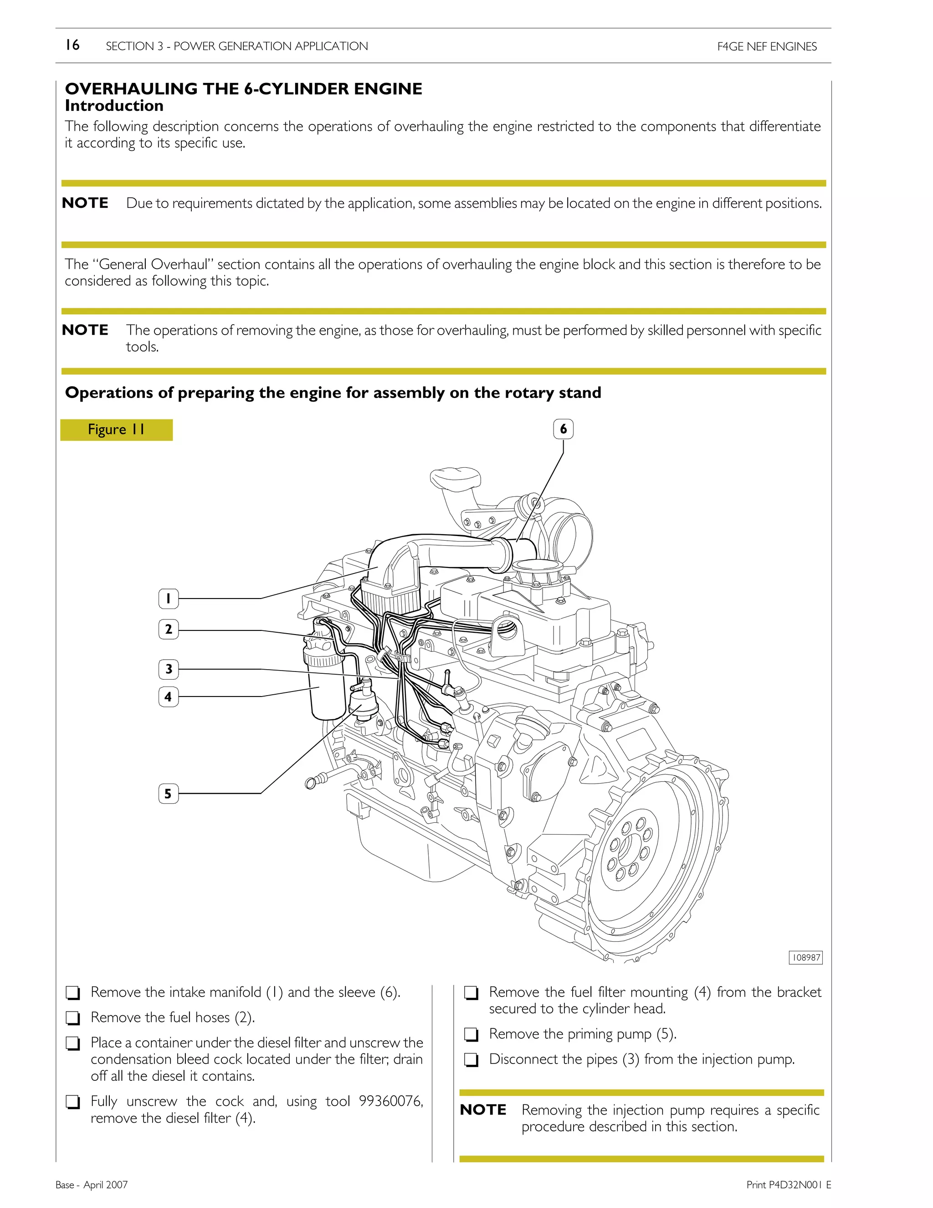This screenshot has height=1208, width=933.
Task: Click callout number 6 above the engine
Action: click(563, 429)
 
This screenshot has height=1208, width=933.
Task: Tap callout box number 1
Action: click(168, 599)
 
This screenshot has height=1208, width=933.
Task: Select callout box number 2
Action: click(168, 630)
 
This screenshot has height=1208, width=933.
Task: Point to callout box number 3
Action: click(168, 669)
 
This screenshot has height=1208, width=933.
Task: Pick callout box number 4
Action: click(168, 697)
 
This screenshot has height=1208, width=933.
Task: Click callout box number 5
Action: click(168, 794)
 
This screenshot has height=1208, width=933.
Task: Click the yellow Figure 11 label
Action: click(116, 430)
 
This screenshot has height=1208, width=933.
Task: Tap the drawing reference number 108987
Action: click(805, 957)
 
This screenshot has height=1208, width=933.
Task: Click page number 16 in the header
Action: click(72, 45)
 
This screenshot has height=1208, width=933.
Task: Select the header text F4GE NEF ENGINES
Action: click(767, 46)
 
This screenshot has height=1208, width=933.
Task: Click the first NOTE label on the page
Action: click(85, 203)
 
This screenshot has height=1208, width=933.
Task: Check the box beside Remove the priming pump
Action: click(471, 1035)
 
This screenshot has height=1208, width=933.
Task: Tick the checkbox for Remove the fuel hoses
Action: click(72, 1018)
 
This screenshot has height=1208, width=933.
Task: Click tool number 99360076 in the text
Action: click(390, 1101)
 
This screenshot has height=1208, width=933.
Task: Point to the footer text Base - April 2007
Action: click(92, 1185)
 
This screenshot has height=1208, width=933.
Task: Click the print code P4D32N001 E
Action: click(789, 1185)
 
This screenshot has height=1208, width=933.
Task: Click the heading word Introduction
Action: click(114, 106)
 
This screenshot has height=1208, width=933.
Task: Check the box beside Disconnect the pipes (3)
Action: click(471, 1060)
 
